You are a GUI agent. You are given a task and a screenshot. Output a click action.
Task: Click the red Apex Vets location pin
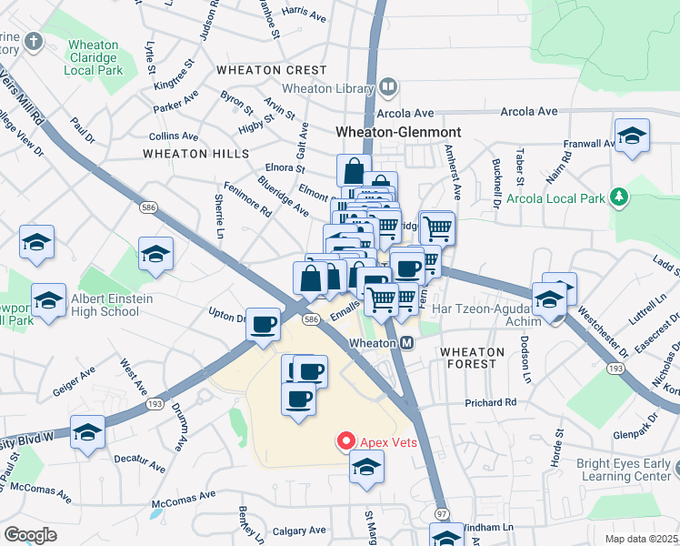345,442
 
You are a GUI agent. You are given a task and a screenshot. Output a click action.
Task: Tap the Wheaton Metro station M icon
408,343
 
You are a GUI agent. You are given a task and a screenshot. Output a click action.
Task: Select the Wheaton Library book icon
388,88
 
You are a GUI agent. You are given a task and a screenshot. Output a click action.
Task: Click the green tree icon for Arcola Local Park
619,197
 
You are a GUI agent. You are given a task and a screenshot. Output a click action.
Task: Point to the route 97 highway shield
442,514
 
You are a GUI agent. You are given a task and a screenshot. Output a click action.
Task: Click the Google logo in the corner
31,534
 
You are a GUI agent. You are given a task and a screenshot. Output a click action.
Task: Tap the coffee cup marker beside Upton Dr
264,324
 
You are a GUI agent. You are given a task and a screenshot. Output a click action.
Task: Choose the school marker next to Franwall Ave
632,136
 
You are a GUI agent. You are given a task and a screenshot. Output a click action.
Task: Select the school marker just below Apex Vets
366,468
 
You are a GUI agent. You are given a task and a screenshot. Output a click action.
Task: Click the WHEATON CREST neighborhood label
271,70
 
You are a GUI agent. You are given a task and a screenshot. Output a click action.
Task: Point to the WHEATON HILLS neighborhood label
190,154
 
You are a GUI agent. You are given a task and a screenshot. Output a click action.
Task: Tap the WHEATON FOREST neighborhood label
468,357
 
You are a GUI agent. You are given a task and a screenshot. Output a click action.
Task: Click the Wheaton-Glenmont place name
398,132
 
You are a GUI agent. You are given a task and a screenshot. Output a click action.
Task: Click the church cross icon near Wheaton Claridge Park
34,42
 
